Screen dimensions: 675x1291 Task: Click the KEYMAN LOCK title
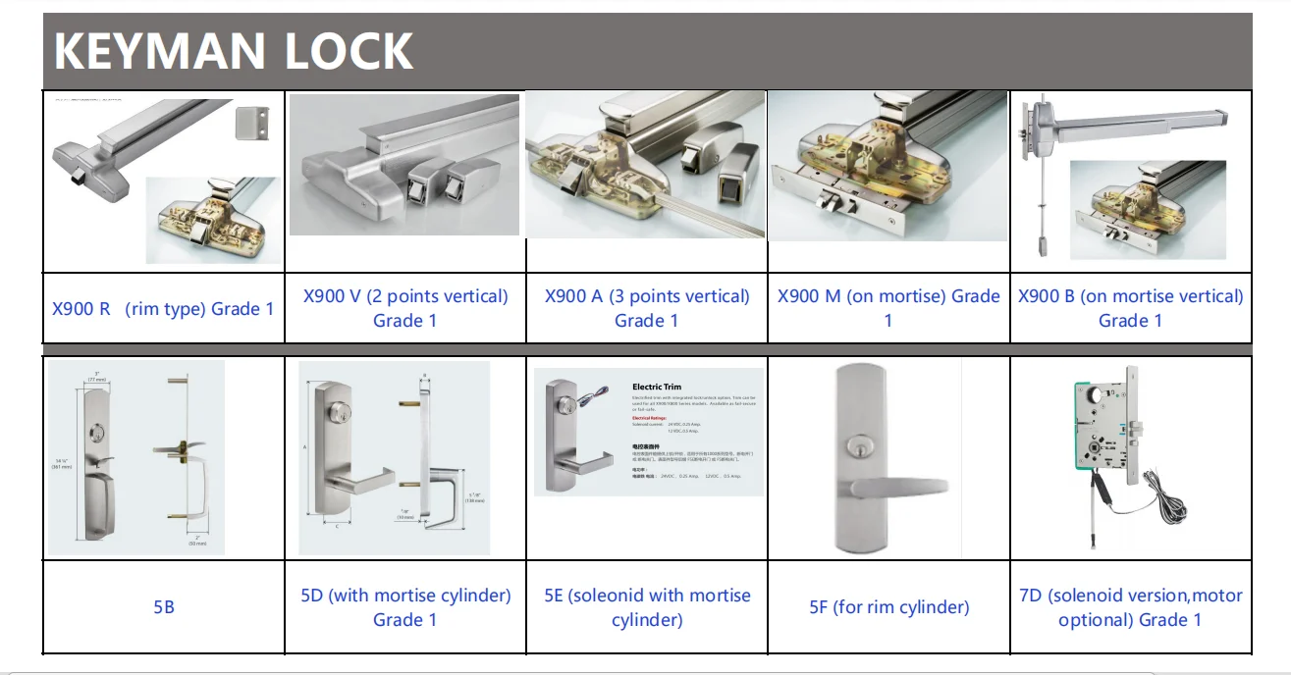[x=233, y=51]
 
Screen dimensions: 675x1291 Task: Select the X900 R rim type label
[x=163, y=309]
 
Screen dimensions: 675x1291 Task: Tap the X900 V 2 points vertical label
[x=405, y=308]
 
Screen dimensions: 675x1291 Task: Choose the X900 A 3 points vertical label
[x=647, y=308]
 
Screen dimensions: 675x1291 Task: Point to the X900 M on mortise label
[x=888, y=308]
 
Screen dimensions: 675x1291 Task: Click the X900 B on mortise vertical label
[x=1130, y=308]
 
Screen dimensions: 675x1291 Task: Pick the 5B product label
[x=164, y=607]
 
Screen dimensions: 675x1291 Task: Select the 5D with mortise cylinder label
[x=405, y=607]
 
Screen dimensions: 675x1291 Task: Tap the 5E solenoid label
[x=647, y=607]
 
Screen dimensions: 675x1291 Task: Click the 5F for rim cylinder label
[x=888, y=607]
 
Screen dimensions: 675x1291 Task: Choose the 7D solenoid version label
[x=1130, y=607]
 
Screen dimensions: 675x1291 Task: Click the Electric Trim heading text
[x=657, y=388]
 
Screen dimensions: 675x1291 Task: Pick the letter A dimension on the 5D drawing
[x=305, y=446]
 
